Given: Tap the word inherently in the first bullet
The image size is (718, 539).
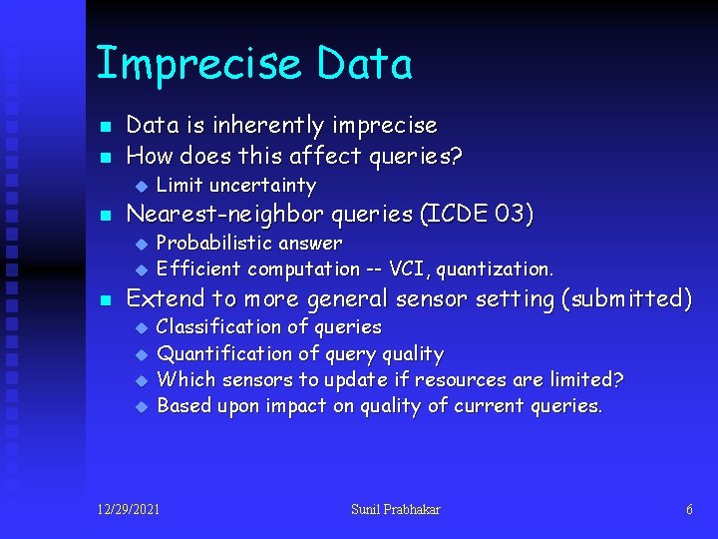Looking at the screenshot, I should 251,126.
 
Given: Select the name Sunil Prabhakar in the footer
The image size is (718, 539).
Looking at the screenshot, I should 395,510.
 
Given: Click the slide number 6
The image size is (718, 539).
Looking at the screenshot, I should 689,510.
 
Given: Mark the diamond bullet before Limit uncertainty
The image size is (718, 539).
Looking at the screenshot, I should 142,186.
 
